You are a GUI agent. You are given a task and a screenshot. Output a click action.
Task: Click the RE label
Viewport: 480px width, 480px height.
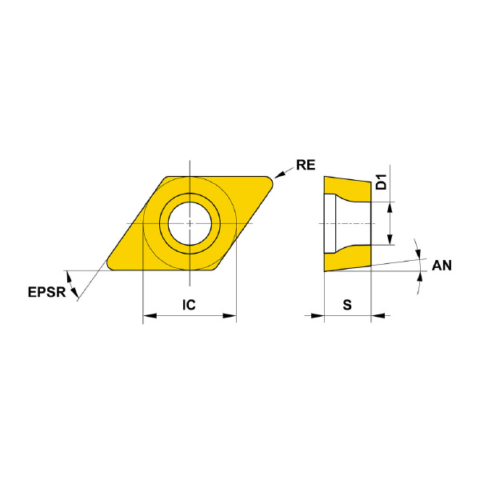coord(306,166)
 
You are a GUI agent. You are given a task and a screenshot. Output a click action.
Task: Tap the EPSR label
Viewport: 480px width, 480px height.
coord(47,292)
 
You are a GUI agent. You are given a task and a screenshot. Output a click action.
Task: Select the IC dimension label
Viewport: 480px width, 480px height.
coord(189,305)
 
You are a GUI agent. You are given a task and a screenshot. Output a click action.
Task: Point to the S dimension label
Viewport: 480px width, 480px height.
coord(347,305)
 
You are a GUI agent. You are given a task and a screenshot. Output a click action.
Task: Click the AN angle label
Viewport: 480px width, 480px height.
coord(442,266)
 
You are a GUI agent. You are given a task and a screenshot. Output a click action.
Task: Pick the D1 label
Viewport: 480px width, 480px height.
coord(381,182)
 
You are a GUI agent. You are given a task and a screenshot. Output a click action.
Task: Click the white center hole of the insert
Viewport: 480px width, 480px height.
coord(190,223)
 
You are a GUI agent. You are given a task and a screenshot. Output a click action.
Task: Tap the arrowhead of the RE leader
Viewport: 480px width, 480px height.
coord(279,174)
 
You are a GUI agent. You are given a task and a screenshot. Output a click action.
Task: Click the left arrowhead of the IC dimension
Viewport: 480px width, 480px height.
coord(150,316)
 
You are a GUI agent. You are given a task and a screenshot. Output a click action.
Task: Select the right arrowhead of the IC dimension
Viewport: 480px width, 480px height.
coord(230,316)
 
